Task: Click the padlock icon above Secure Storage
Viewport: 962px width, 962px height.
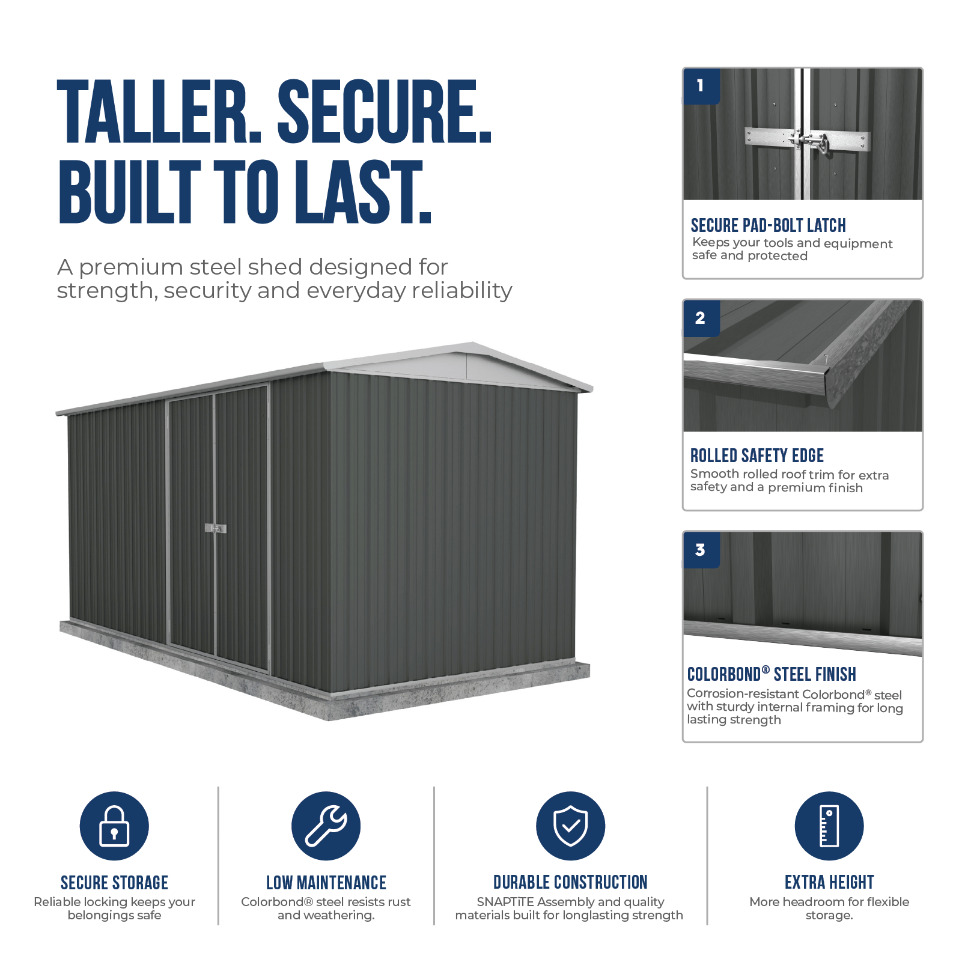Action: click(x=114, y=826)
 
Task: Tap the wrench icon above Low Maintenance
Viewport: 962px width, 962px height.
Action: click(x=326, y=826)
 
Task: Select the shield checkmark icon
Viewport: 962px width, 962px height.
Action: click(x=570, y=826)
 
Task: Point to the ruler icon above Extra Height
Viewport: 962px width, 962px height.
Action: click(x=829, y=826)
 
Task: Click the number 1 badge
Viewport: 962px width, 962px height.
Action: click(x=701, y=86)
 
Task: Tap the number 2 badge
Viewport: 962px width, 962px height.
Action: click(x=701, y=318)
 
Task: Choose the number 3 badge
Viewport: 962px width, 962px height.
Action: click(x=701, y=550)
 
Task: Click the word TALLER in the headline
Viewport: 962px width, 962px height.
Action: click(x=160, y=112)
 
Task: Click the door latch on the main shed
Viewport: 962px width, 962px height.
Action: click(x=216, y=528)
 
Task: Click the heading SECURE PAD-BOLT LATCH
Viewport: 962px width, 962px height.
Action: click(x=768, y=225)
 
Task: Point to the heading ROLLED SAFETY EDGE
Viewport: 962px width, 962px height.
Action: click(x=757, y=455)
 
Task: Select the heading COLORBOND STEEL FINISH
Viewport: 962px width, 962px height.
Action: click(x=772, y=674)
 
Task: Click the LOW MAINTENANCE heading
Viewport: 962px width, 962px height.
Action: click(x=326, y=883)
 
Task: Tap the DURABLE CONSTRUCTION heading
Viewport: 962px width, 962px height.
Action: click(x=570, y=882)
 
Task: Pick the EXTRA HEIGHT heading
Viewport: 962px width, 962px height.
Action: click(x=829, y=882)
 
